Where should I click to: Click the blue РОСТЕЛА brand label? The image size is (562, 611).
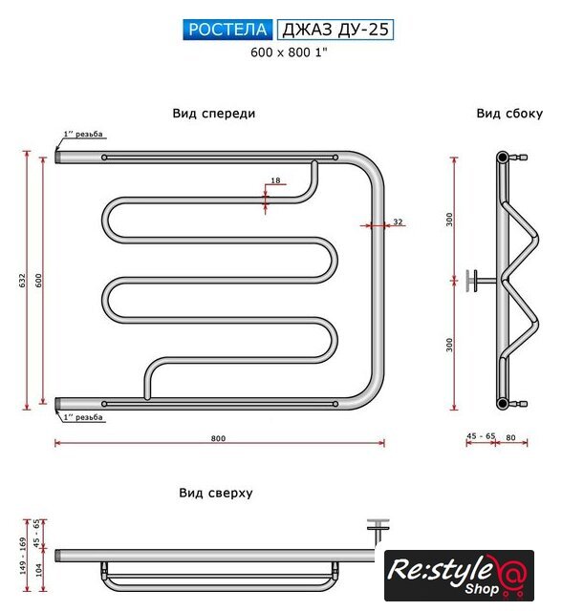point(227,30)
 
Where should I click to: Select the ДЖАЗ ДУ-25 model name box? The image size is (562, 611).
point(335,30)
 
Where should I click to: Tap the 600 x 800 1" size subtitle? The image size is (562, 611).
point(289,53)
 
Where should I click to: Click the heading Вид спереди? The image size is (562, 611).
point(214,114)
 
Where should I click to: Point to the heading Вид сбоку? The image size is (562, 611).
point(509,114)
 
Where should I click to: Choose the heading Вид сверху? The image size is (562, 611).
point(216,493)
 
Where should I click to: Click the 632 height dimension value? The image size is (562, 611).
point(22,281)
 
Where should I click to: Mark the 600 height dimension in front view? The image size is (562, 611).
point(38,281)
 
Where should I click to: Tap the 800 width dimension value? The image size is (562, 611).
point(219,438)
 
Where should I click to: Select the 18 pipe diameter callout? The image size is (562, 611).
point(275,180)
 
